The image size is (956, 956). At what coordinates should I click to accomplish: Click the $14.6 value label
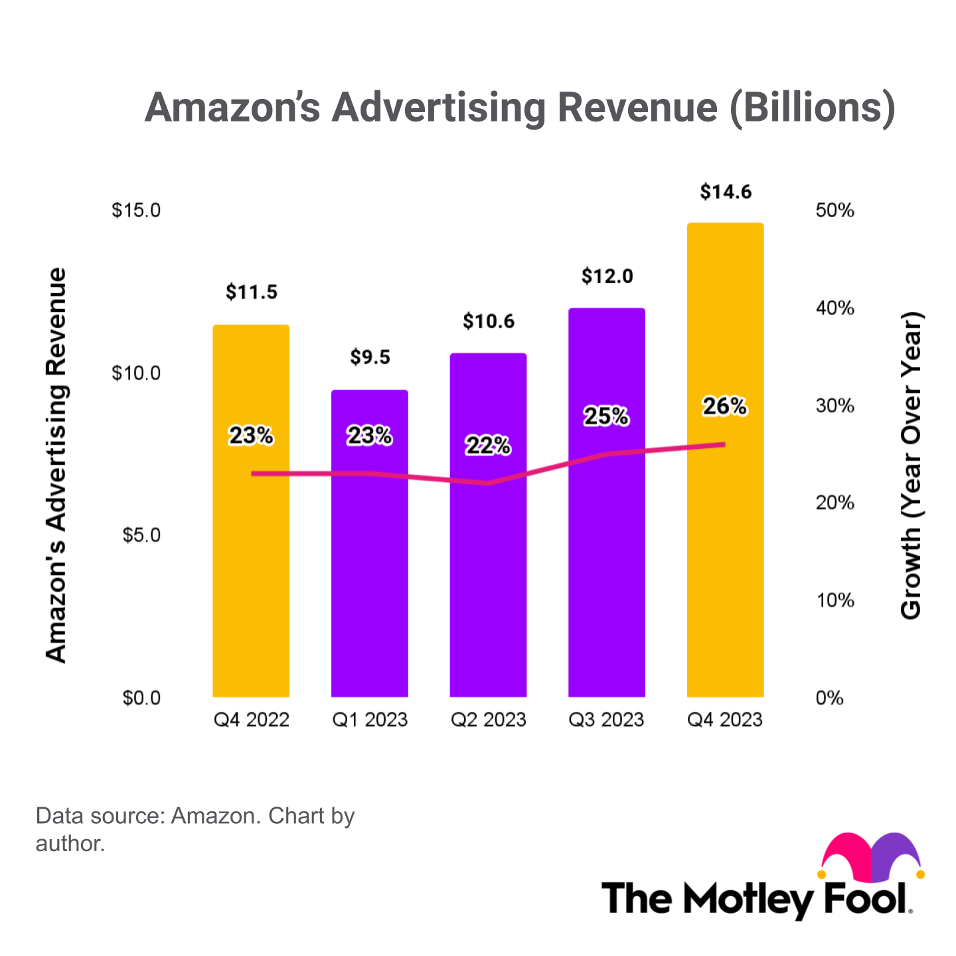(726, 192)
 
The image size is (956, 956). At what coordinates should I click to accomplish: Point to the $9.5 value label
(370, 358)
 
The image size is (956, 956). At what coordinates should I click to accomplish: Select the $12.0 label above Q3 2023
(607, 276)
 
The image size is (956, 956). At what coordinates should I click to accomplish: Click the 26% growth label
(725, 406)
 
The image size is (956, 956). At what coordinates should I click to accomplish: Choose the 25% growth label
(606, 416)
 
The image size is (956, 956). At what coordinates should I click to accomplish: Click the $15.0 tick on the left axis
(136, 211)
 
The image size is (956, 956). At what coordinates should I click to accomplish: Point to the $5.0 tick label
(141, 535)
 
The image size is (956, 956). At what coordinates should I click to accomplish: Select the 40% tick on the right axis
(835, 308)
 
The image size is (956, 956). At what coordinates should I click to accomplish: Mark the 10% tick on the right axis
(835, 601)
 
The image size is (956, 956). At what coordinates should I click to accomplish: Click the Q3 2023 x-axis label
(607, 720)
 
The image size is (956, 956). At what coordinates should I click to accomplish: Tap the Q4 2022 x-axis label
(251, 720)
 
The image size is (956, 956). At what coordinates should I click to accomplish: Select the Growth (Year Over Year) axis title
(911, 465)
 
